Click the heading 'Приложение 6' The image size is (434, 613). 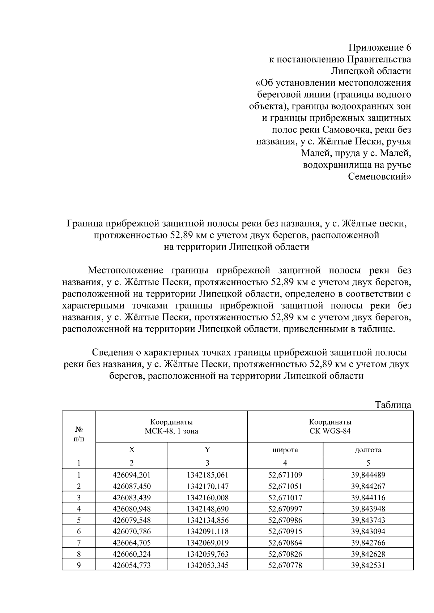click(x=379, y=48)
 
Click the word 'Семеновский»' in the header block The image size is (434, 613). click(x=379, y=177)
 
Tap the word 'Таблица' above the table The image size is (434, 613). click(x=393, y=405)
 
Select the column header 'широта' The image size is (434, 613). click(x=285, y=450)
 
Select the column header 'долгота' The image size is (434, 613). click(x=368, y=450)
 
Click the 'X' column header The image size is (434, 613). click(x=132, y=450)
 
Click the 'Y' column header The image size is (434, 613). click(x=207, y=450)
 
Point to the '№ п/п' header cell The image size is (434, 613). click(x=78, y=434)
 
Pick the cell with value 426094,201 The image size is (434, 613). click(x=132, y=475)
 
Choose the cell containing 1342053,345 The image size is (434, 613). click(x=207, y=565)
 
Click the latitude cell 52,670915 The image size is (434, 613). click(x=285, y=531)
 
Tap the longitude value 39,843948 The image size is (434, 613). click(x=368, y=509)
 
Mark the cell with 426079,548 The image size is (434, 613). click(x=132, y=520)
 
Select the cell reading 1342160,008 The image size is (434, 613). click(x=207, y=498)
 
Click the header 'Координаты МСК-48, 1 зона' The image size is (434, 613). click(x=171, y=427)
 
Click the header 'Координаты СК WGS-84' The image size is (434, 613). click(x=330, y=427)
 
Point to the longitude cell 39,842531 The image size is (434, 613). click(x=368, y=565)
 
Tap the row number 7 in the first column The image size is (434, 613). click(x=78, y=543)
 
